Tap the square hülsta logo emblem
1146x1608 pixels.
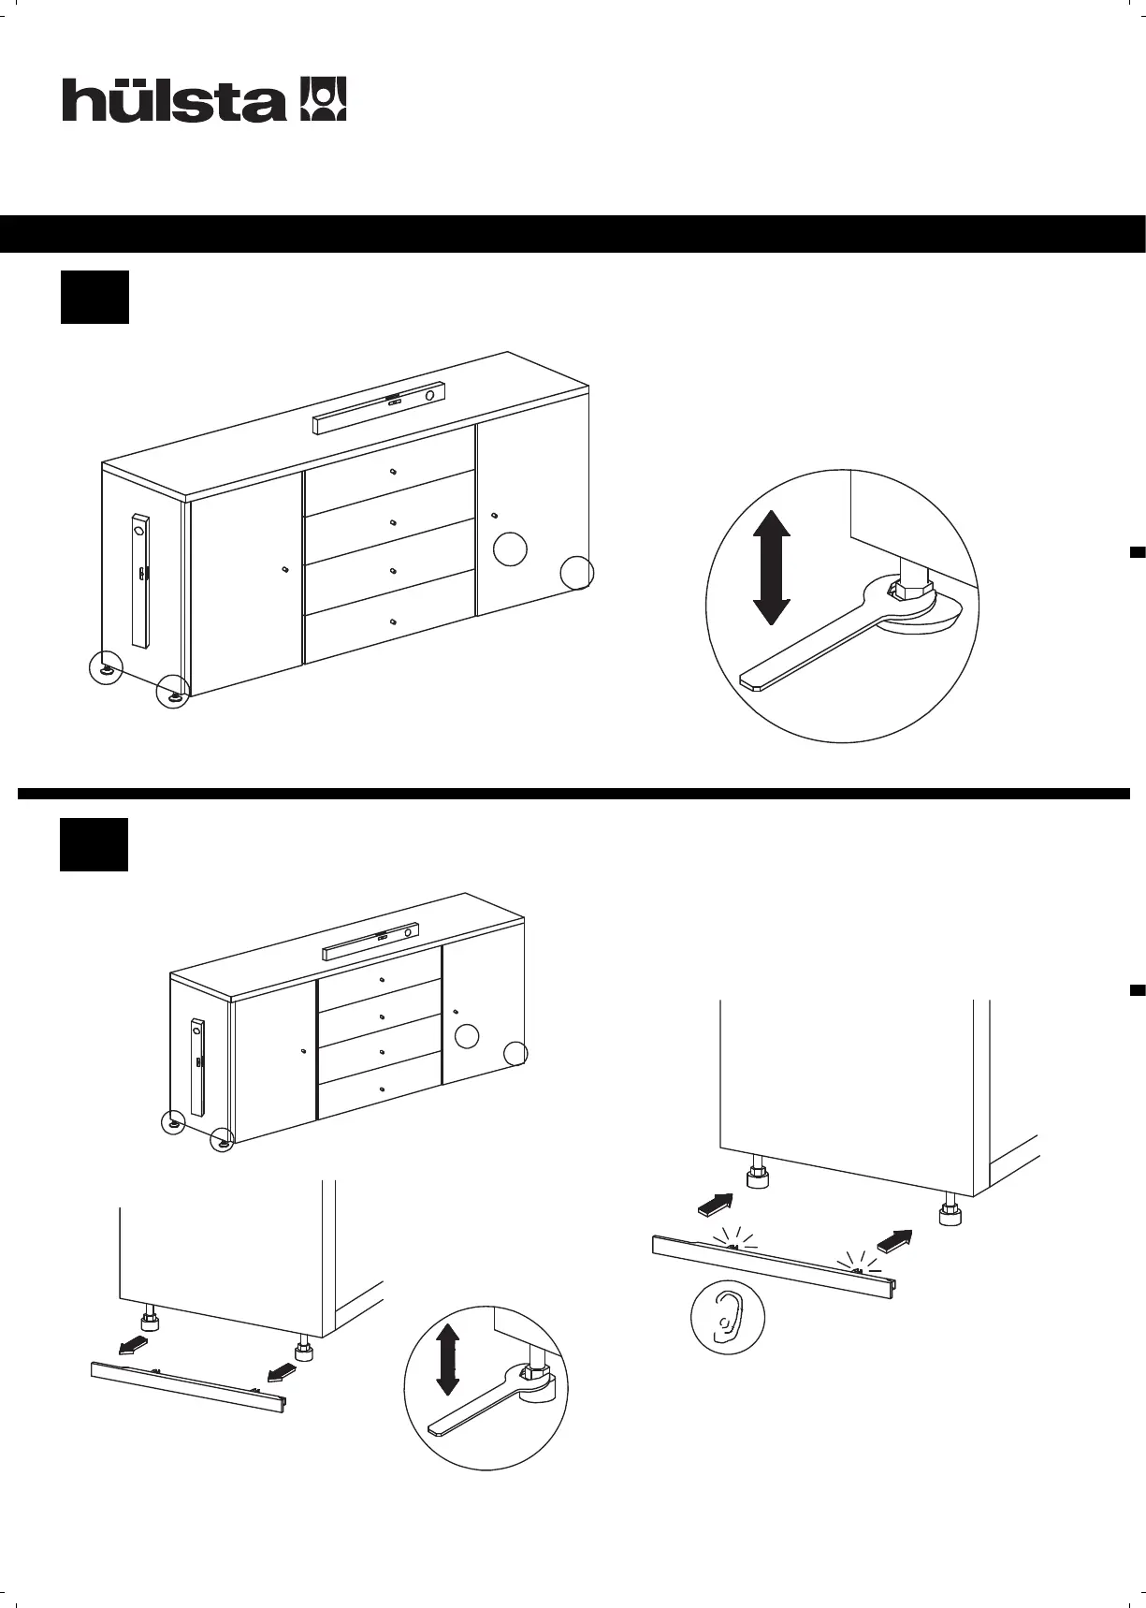[322, 99]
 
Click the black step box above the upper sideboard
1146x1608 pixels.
[94, 298]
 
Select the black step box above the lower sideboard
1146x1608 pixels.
[94, 844]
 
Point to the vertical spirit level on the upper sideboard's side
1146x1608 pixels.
[140, 580]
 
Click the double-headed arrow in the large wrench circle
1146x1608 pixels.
[772, 567]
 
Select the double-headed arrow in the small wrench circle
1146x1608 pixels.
[448, 1359]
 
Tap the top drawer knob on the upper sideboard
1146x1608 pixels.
[393, 470]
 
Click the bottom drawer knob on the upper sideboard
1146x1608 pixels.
[393, 621]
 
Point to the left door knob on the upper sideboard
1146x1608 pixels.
[283, 568]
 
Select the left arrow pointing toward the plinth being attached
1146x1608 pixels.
[716, 1205]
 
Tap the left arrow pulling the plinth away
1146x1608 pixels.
[132, 1346]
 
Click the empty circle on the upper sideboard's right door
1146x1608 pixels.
[510, 548]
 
